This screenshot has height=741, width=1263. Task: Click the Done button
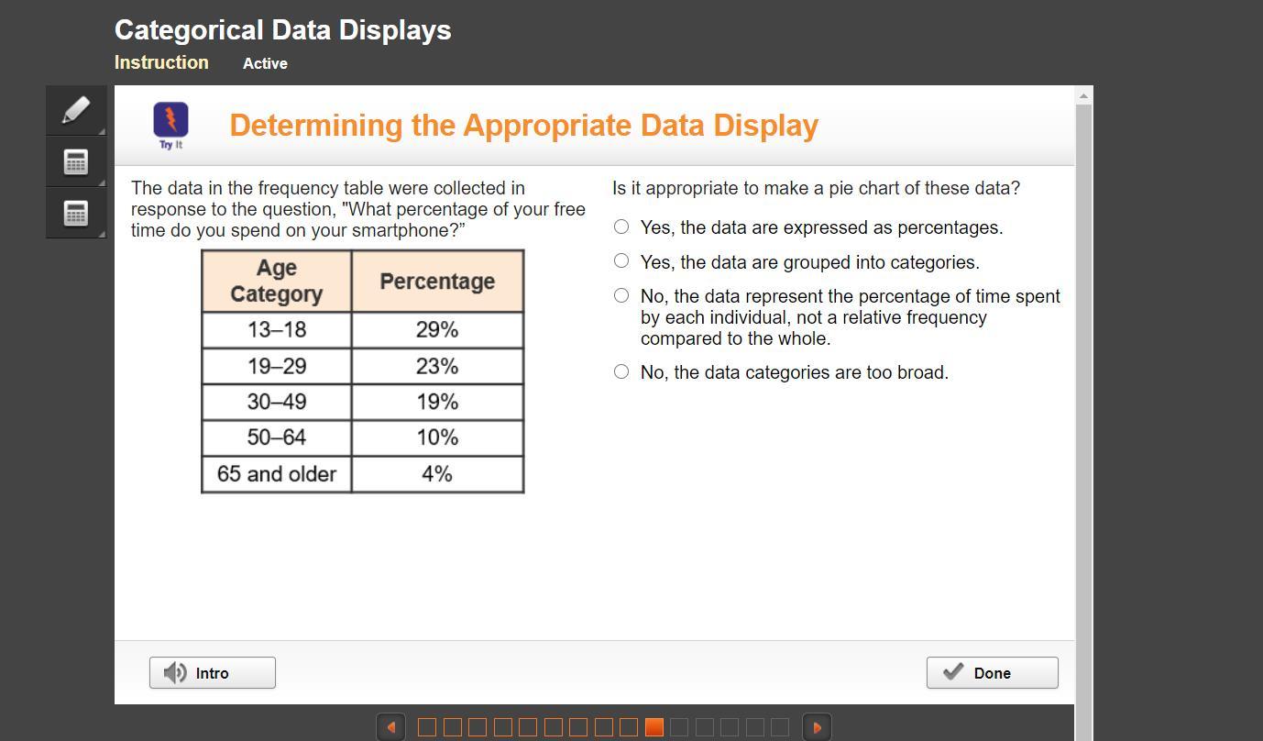coord(992,672)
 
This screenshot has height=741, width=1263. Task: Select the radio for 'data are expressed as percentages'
coord(621,227)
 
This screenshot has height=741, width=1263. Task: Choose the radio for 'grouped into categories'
coord(621,260)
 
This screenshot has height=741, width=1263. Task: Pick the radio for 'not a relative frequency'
coord(621,295)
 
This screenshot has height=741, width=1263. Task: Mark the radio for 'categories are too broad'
coord(621,371)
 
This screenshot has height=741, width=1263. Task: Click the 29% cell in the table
coord(437,329)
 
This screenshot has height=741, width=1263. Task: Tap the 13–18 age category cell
coord(276,329)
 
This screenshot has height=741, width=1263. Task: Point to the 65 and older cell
coord(276,474)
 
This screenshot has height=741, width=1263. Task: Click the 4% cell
coord(437,474)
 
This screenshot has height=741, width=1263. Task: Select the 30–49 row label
coord(276,402)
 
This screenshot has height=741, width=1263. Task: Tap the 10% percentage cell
coord(437,437)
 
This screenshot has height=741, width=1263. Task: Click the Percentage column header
coord(437,281)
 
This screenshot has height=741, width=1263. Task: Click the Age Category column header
coord(276,281)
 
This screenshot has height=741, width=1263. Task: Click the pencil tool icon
coord(76,110)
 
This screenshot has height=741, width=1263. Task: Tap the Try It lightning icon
coord(170,119)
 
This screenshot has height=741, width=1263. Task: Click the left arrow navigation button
coord(390,727)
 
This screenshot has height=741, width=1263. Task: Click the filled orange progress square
coord(654,727)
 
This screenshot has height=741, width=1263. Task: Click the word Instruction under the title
coord(161,62)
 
